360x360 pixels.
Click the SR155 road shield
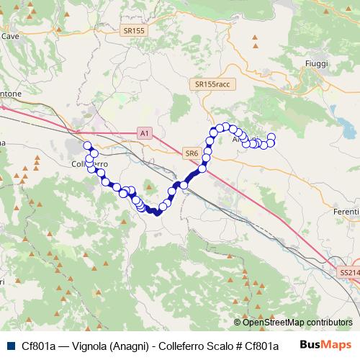click(133, 30)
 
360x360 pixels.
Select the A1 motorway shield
click(145, 133)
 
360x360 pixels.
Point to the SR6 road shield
click(191, 153)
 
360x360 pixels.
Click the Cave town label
click(10, 35)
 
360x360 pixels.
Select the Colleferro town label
click(89, 164)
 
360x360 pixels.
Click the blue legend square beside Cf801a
click(9, 346)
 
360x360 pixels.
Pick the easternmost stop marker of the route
click(271, 138)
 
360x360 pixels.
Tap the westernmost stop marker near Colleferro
click(88, 146)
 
